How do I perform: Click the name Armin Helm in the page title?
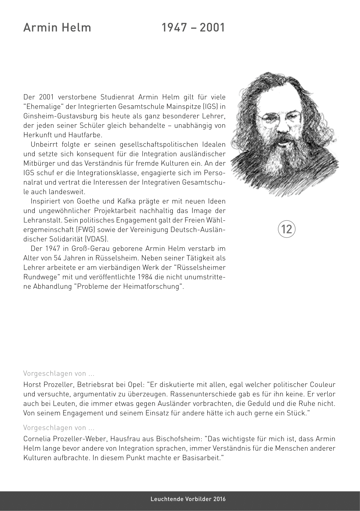click(x=57, y=28)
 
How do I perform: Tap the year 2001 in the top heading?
click(x=213, y=28)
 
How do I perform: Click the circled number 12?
click(x=287, y=229)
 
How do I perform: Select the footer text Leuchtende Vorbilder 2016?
click(x=188, y=499)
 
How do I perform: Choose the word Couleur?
click(x=323, y=385)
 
